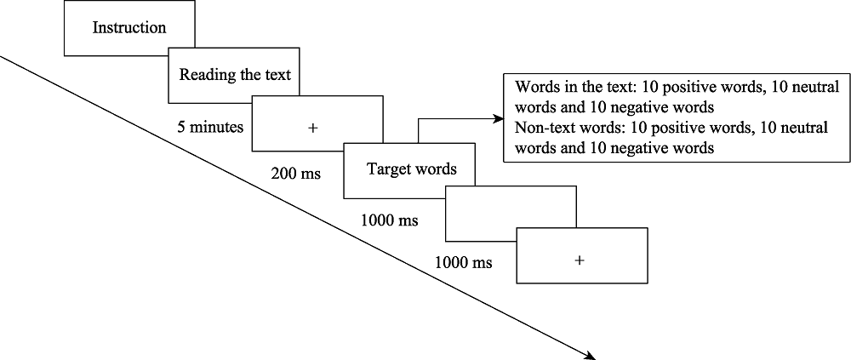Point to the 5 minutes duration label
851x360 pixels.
click(x=210, y=127)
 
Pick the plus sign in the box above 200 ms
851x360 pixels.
click(x=312, y=128)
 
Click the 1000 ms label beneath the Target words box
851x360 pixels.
click(x=390, y=220)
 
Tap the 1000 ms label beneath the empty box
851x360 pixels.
click(x=463, y=262)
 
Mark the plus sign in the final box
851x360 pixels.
click(x=580, y=260)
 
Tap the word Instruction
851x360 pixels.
click(x=129, y=27)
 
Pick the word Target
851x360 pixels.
click(x=387, y=169)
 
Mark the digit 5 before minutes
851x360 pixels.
click(x=181, y=127)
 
